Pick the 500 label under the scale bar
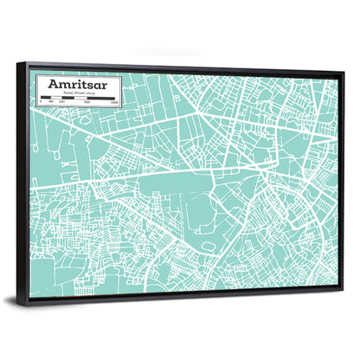click(87, 105)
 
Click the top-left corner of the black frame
click(27, 63)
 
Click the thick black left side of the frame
click(30, 182)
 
